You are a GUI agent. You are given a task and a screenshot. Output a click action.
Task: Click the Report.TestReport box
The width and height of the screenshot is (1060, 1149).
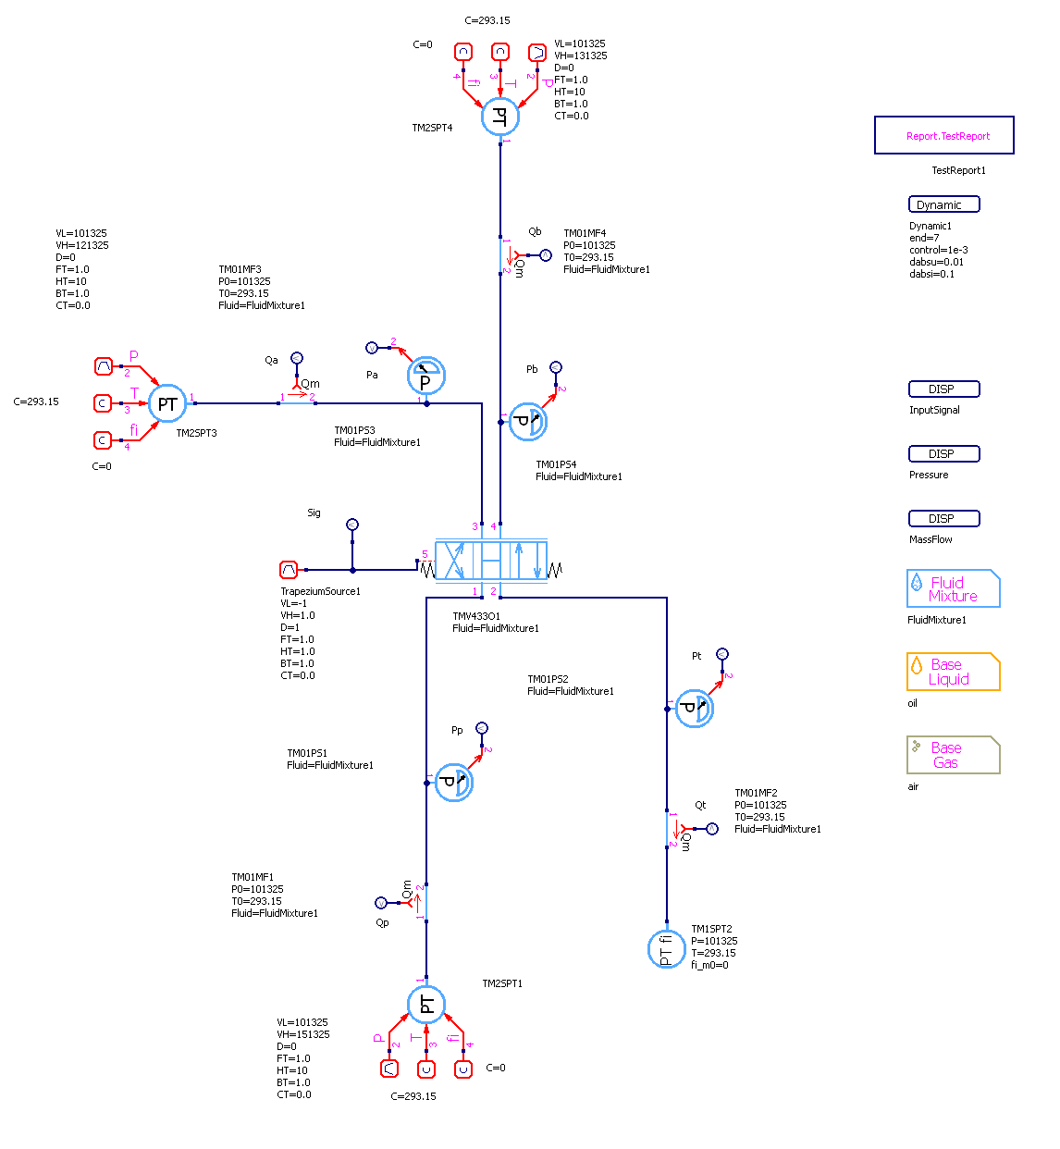tap(943, 135)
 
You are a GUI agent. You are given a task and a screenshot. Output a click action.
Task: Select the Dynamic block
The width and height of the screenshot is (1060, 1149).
tap(943, 204)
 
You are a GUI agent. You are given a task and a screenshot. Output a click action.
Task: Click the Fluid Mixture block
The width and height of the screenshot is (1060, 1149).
tap(953, 588)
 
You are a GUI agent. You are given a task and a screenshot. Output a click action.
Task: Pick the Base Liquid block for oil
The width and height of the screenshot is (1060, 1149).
tap(953, 672)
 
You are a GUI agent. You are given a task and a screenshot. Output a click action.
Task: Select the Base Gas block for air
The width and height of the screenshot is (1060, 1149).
tap(953, 755)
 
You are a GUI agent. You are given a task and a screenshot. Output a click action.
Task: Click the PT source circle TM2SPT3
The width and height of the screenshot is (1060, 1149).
tap(167, 403)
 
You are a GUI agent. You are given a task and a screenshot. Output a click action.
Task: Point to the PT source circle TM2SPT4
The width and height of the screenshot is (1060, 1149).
tap(500, 117)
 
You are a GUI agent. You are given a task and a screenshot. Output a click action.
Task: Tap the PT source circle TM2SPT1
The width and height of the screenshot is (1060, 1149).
tap(426, 1005)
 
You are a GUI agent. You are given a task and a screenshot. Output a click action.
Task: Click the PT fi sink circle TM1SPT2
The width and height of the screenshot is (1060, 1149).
tap(666, 949)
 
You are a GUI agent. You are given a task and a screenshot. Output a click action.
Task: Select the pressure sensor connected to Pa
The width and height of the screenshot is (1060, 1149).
tap(426, 376)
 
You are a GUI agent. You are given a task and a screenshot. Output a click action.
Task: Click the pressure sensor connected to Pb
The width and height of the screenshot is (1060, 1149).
tap(528, 422)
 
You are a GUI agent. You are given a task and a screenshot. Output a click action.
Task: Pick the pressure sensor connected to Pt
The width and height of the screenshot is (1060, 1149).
tap(694, 709)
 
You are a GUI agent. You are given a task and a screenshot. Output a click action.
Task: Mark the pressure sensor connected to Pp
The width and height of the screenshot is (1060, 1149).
tap(454, 783)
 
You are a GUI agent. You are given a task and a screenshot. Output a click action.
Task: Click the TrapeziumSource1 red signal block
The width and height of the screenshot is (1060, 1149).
tap(289, 570)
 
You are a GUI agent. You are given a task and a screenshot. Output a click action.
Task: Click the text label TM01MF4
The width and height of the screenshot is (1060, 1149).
tap(585, 234)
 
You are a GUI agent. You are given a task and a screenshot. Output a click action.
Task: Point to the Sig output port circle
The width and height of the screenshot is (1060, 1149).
tap(352, 525)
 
